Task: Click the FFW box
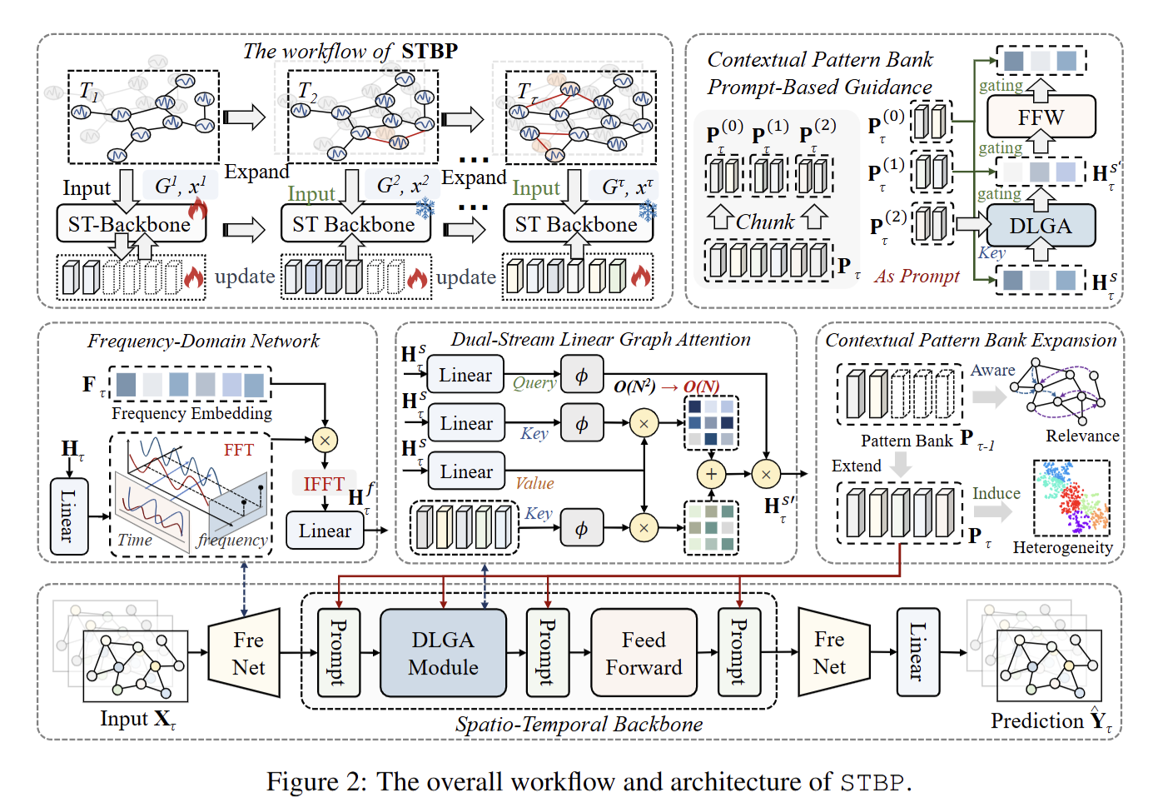click(1041, 117)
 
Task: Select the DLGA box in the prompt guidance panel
click(1040, 226)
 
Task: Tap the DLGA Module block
click(443, 653)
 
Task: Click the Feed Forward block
click(644, 653)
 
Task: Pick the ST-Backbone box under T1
click(131, 224)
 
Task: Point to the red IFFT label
click(324, 483)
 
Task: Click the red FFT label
click(239, 450)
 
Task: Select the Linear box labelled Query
click(465, 376)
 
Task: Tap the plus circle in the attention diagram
click(711, 474)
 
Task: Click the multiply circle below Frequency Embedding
click(325, 440)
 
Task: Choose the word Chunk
click(765, 222)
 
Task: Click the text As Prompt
click(917, 276)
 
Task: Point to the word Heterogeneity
click(1062, 547)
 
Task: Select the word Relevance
click(1082, 436)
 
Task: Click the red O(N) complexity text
click(701, 387)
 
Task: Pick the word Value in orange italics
click(534, 483)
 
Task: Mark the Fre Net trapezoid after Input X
click(247, 653)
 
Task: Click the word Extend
click(856, 466)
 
